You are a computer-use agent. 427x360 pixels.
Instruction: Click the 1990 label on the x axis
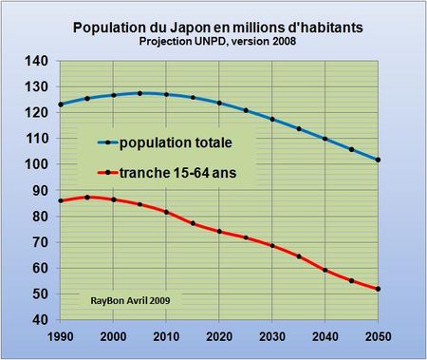pos(60,336)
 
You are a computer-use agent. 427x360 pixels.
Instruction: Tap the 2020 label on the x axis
pos(218,336)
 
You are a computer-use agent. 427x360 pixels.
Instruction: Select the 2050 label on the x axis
pos(378,336)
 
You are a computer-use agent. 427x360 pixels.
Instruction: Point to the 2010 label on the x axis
pos(166,336)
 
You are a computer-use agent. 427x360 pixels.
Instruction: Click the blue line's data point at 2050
pos(378,160)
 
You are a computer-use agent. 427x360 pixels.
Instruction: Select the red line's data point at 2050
pos(378,289)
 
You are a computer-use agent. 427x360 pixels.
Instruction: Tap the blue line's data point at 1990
pos(60,104)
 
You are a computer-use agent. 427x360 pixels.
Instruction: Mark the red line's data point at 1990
pos(60,200)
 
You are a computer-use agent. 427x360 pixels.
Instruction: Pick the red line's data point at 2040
pos(325,270)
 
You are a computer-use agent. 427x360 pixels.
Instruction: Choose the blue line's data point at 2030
pos(271,119)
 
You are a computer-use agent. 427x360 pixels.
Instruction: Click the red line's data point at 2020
pos(218,231)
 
